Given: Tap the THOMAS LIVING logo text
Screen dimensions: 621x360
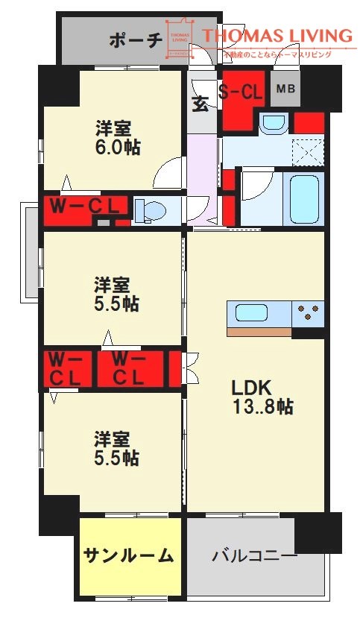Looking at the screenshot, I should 277,35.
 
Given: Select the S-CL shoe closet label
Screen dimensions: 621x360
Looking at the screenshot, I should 240,92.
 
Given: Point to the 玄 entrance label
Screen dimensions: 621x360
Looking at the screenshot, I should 200,104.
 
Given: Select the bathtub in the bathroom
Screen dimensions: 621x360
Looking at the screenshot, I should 305,199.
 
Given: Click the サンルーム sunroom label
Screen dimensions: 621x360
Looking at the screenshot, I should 128,555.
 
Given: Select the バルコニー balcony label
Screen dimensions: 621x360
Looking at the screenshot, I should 254,556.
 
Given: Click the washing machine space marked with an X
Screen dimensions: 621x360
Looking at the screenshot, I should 308,152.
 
